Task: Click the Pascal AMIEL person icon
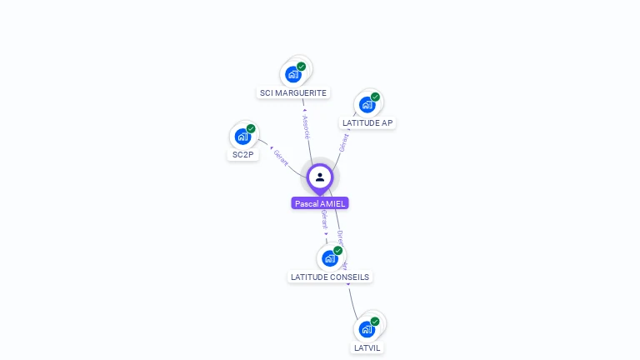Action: tap(320, 177)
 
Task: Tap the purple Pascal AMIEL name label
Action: tap(320, 203)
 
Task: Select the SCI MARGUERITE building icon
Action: tap(292, 74)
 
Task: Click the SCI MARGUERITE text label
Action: tap(293, 93)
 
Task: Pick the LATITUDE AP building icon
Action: tap(367, 105)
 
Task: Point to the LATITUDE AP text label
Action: tap(367, 123)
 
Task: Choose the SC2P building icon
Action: tap(242, 137)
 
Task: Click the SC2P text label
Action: tap(242, 155)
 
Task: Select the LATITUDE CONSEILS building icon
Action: tap(329, 258)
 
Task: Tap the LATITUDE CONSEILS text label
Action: tap(330, 277)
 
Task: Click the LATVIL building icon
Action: tap(367, 329)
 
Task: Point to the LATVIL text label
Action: tap(367, 347)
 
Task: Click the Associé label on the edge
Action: tap(306, 126)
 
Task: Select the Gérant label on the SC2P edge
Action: tap(281, 157)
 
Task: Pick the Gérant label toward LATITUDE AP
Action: tap(343, 142)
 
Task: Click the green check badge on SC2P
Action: tap(251, 129)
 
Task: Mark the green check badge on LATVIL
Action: tap(375, 322)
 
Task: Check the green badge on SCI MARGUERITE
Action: tap(301, 67)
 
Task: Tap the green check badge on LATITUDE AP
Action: tap(375, 97)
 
